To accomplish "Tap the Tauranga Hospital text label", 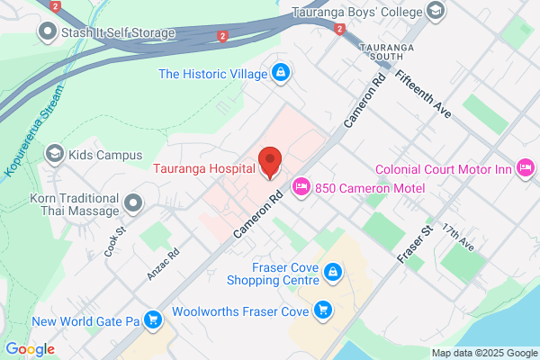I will (203, 166).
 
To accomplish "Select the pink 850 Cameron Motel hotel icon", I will (301, 186).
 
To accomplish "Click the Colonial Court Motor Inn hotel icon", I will (526, 167).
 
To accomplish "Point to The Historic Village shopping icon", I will (281, 71).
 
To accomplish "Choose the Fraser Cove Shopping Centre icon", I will (332, 271).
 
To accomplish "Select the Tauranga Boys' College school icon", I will (436, 12).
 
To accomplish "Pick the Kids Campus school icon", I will (55, 155).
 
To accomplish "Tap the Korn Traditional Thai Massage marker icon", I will (134, 202).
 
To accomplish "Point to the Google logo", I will (30, 349).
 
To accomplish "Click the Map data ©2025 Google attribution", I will (482, 352).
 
